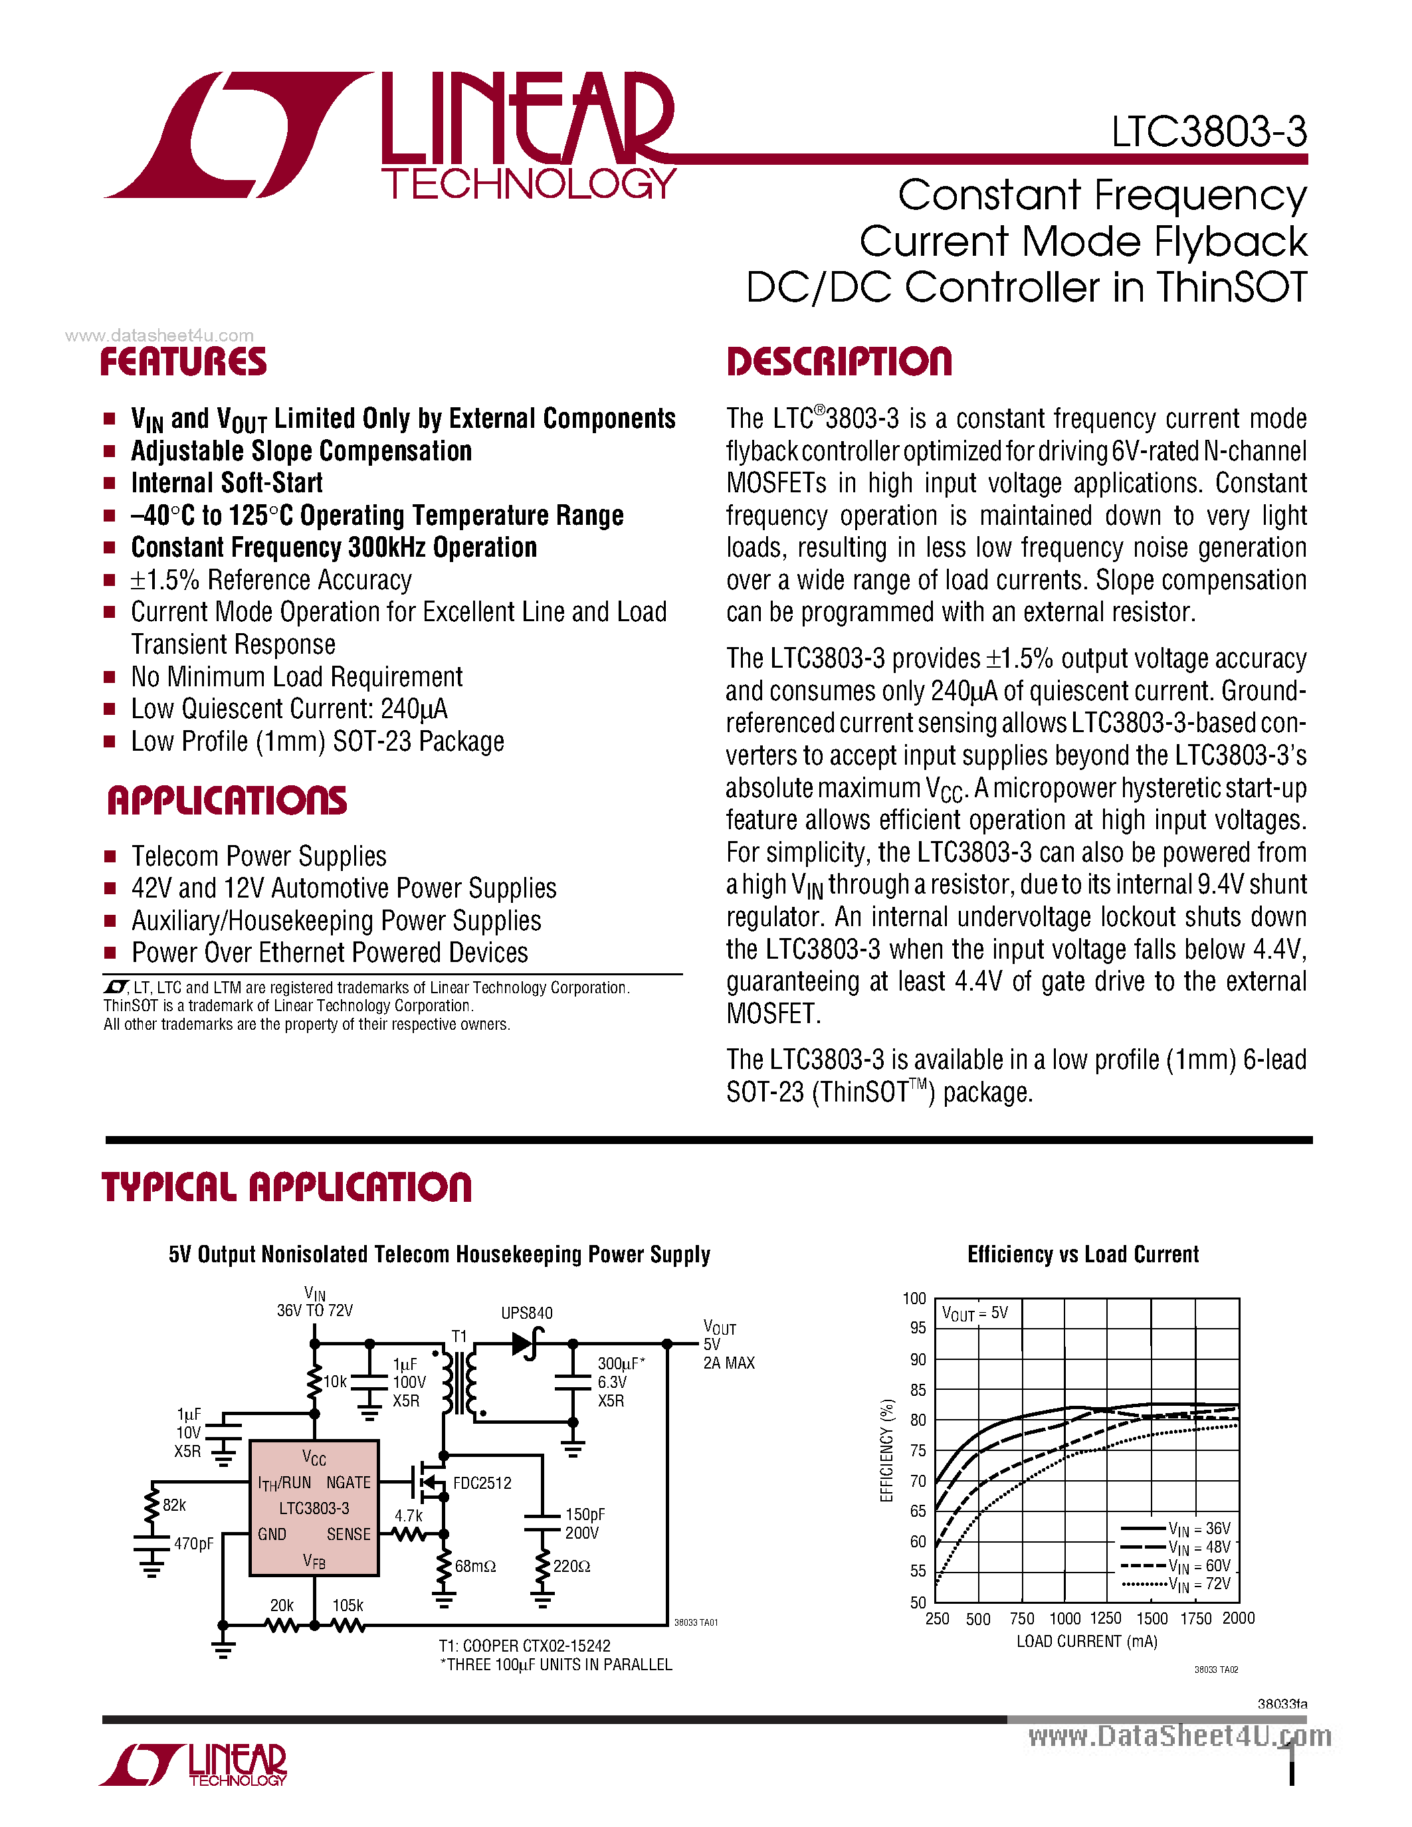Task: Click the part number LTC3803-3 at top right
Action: click(1208, 132)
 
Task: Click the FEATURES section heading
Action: click(183, 362)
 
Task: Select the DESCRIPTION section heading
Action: click(839, 362)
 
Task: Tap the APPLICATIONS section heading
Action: click(227, 801)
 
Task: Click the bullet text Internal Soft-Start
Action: click(227, 483)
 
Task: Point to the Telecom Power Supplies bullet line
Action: click(258, 856)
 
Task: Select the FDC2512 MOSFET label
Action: click(482, 1483)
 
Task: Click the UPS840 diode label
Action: click(526, 1313)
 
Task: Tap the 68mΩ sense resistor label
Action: click(475, 1566)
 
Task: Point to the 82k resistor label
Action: click(174, 1505)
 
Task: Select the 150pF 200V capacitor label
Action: click(584, 1523)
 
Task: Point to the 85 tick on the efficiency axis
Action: click(918, 1389)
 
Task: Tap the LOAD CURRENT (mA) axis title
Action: click(1086, 1641)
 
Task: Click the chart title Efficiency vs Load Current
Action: click(1082, 1255)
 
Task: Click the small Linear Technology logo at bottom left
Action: click(195, 1765)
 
